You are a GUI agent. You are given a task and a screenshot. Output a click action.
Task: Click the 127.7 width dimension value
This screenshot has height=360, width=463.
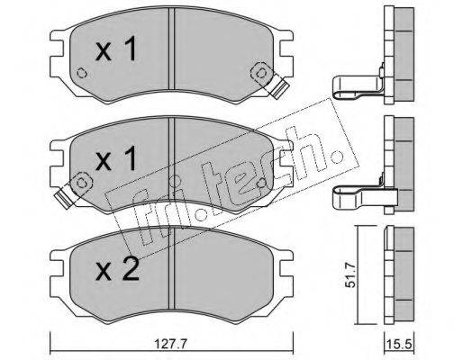(x=171, y=344)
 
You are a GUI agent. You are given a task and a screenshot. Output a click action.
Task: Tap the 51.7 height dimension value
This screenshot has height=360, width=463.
(x=350, y=274)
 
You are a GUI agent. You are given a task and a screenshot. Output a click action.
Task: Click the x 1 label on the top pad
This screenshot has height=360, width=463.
(x=116, y=49)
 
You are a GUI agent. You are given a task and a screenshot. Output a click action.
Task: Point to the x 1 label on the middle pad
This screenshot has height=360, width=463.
(x=116, y=158)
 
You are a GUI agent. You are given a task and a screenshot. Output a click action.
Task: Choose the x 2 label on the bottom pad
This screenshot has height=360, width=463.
(x=117, y=269)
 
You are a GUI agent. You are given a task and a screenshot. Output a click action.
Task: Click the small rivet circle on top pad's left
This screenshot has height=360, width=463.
(x=82, y=73)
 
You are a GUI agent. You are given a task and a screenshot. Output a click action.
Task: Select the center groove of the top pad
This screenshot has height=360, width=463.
(x=171, y=49)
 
